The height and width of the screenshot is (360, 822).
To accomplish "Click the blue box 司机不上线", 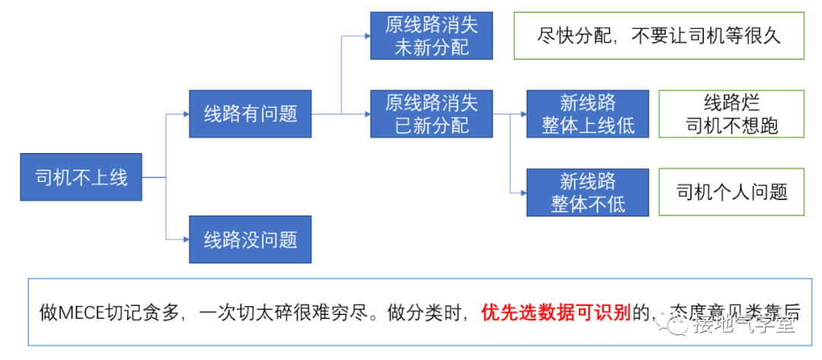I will [81, 178].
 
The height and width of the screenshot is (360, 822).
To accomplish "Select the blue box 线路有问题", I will [250, 114].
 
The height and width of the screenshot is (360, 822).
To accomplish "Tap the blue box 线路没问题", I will [250, 240].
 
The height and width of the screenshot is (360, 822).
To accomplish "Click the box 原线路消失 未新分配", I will [431, 36].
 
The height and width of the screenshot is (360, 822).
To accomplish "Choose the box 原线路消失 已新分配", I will [431, 113].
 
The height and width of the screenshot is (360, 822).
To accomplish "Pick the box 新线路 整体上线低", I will [588, 114].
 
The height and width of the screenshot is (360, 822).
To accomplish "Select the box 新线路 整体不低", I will [588, 193].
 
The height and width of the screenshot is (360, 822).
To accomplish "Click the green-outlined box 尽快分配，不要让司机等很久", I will [658, 36].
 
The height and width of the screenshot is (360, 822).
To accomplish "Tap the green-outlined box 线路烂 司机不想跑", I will [731, 114].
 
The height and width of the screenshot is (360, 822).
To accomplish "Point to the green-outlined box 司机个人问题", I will [731, 193].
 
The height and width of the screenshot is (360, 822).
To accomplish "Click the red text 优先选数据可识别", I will [556, 313].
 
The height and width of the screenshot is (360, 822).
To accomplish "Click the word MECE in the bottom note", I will [81, 313].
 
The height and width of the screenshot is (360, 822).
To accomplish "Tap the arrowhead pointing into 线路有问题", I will [185, 114].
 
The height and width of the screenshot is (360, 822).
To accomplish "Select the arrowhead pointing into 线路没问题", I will [185, 240].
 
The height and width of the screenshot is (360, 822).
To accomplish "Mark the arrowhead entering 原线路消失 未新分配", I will [366, 36].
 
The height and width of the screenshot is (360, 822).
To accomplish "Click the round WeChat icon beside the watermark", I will [677, 325].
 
